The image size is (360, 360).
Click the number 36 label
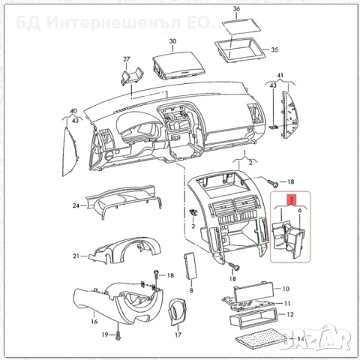(236, 8)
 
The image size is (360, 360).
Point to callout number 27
(127, 58)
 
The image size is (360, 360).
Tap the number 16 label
(94, 321)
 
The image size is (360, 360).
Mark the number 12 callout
(290, 315)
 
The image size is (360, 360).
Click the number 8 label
(192, 289)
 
